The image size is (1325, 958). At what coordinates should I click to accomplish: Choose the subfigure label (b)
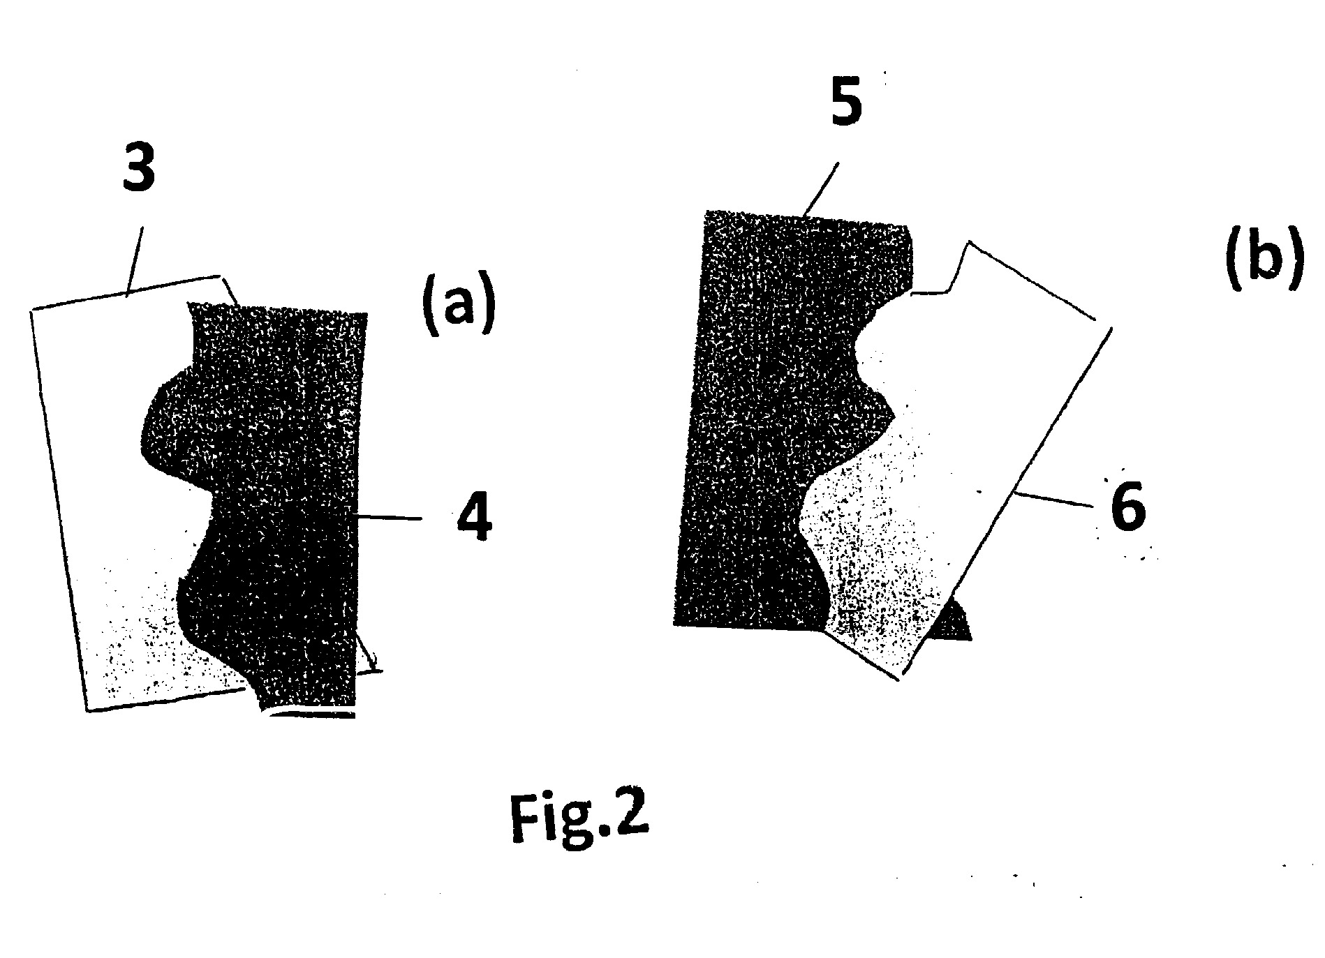(x=1264, y=259)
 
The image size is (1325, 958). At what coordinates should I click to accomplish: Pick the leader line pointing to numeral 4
(x=389, y=517)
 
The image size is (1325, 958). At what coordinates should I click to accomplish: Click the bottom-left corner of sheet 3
(x=87, y=711)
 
